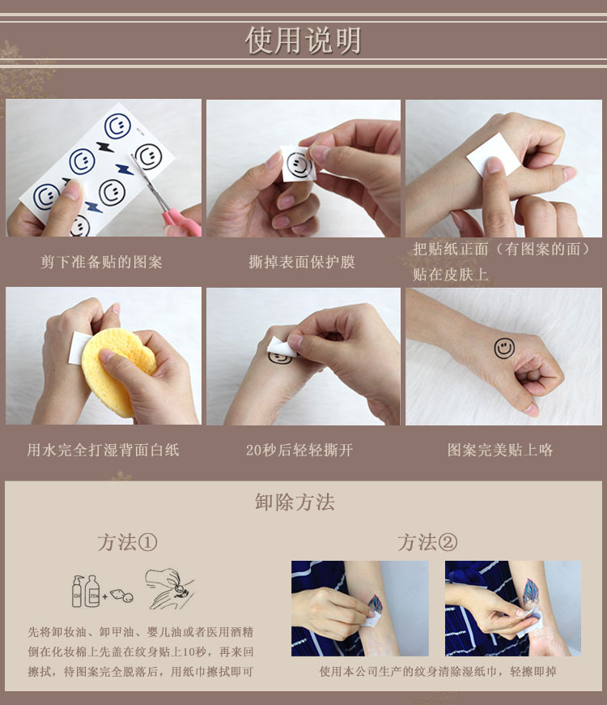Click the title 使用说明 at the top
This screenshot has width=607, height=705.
pyautogui.click(x=303, y=40)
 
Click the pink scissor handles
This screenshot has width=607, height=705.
pyautogui.click(x=183, y=221)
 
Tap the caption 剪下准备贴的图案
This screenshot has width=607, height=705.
pyautogui.click(x=102, y=263)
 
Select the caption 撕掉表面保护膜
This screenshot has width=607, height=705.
pyautogui.click(x=302, y=263)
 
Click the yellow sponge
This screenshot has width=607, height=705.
pyautogui.click(x=117, y=370)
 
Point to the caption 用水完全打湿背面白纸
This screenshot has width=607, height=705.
pyautogui.click(x=103, y=450)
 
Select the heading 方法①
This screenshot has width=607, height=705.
pyautogui.click(x=127, y=542)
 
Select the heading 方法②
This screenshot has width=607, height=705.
pyautogui.click(x=427, y=542)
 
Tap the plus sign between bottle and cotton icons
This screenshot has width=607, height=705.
pyautogui.click(x=106, y=596)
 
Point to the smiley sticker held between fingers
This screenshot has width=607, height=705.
pyautogui.click(x=299, y=164)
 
